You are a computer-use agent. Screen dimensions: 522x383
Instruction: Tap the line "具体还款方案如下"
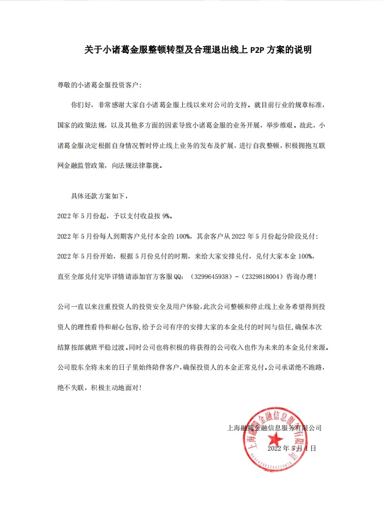(x=98, y=196)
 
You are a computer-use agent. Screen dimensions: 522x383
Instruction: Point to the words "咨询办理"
(x=300, y=277)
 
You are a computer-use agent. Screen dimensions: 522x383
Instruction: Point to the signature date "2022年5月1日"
(x=292, y=448)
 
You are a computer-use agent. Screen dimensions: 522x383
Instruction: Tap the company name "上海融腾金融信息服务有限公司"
(x=274, y=428)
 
